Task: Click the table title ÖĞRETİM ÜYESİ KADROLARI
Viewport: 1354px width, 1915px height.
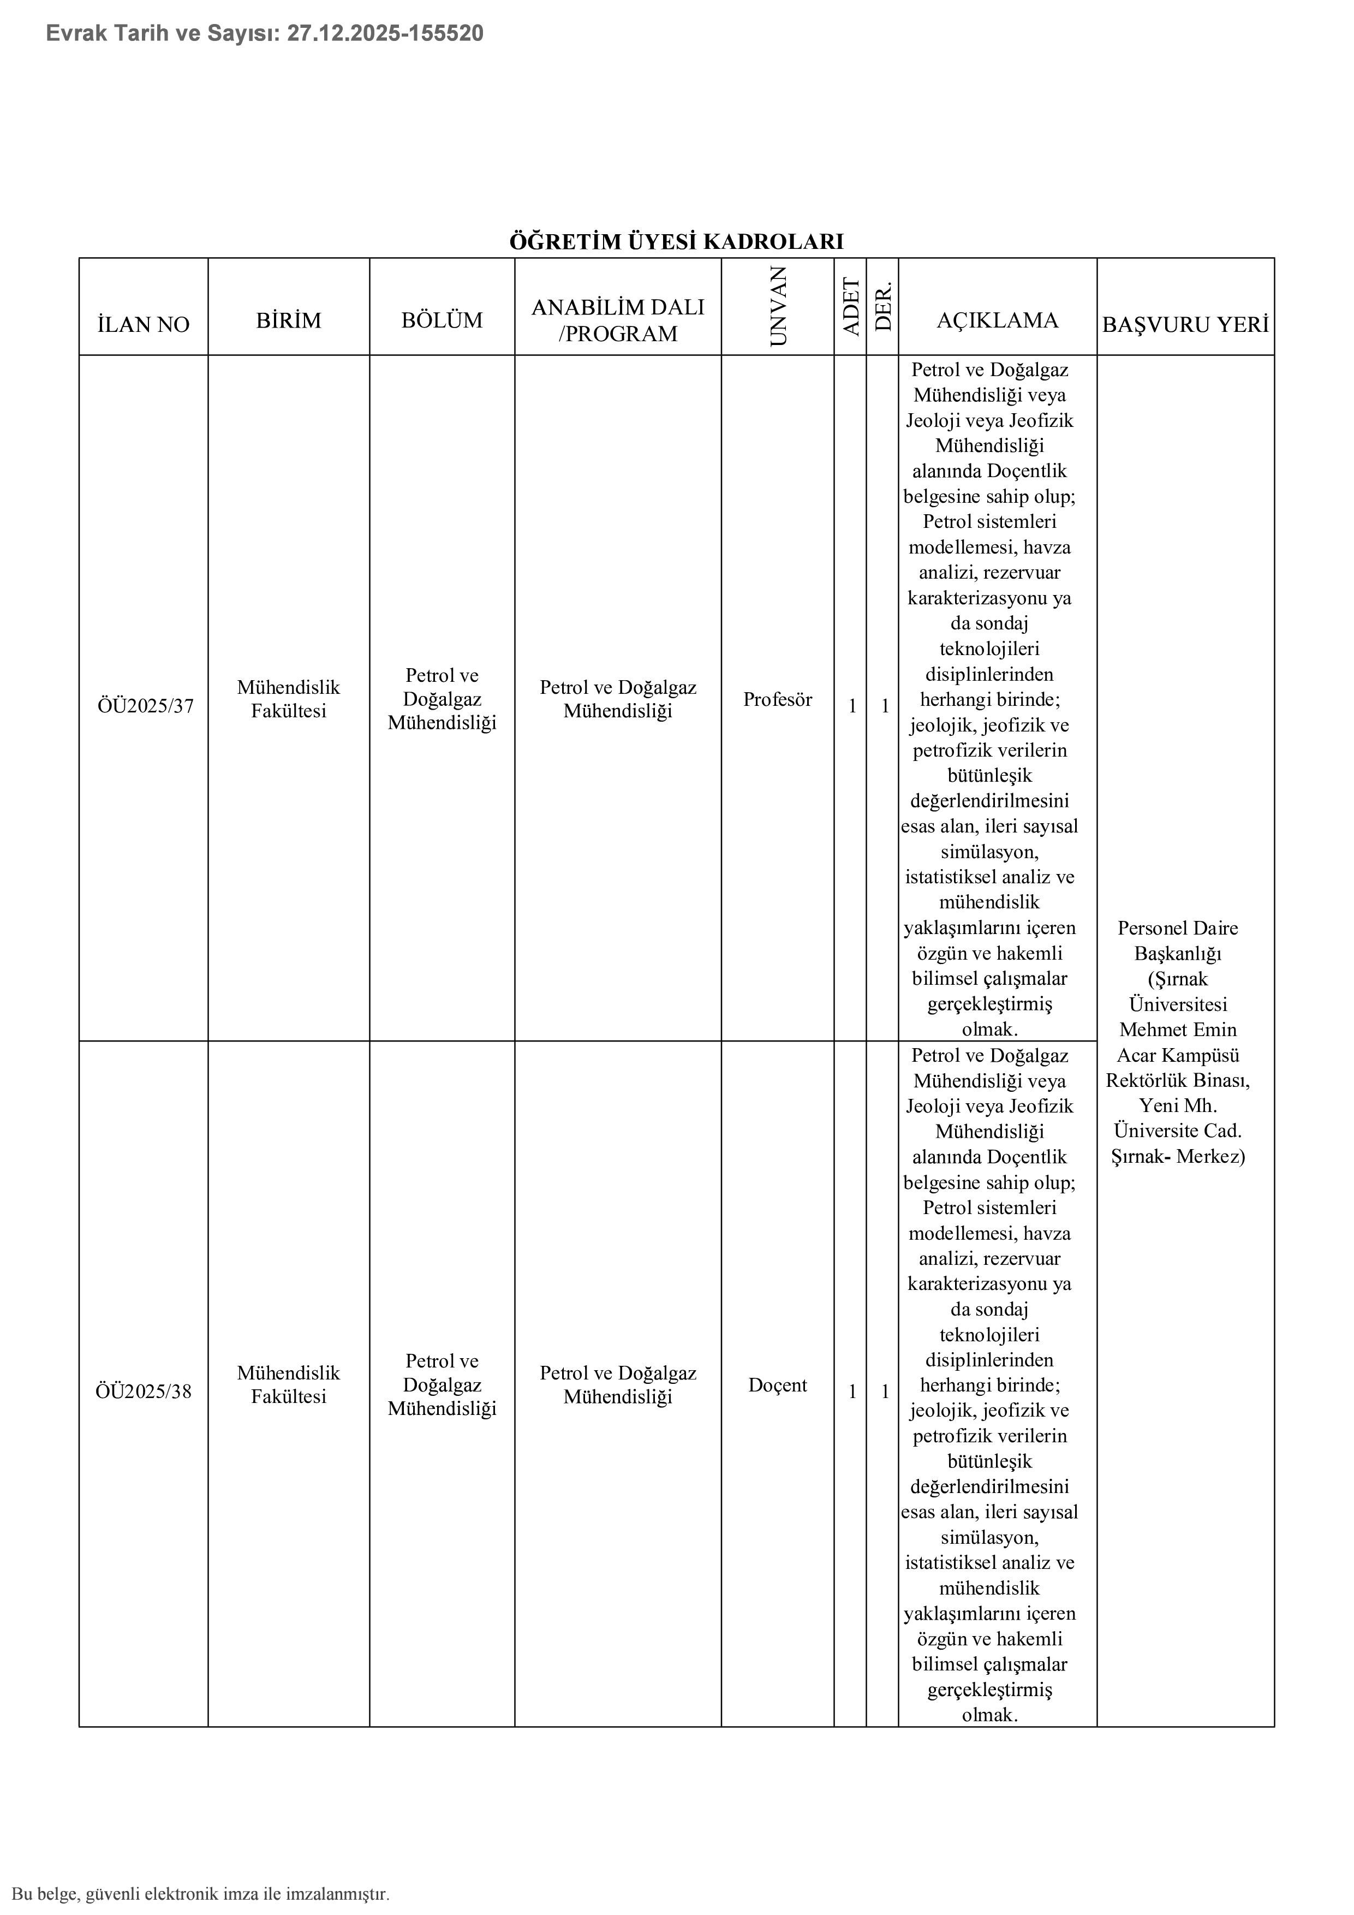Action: point(676,242)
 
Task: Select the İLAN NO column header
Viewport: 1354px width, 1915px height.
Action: point(144,324)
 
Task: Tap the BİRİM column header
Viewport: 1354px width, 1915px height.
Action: point(289,320)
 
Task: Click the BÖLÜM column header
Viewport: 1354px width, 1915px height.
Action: point(442,320)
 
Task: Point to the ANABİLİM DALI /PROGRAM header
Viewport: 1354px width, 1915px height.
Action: point(618,320)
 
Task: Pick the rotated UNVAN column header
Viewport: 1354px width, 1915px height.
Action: point(777,306)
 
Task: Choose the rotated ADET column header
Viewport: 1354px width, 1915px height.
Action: point(851,306)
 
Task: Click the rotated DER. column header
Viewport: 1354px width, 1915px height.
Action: point(884,306)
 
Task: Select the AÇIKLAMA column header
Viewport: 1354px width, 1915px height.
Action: point(997,320)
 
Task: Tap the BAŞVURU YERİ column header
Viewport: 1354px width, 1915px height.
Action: point(1185,324)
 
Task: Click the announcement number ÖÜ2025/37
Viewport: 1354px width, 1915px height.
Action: point(145,706)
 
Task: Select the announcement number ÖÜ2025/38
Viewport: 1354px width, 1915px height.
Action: point(144,1391)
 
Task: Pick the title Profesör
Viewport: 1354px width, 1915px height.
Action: point(777,700)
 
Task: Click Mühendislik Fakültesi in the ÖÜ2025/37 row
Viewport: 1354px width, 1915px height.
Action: point(289,699)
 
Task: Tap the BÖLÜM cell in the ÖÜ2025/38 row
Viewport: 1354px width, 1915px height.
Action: point(442,1384)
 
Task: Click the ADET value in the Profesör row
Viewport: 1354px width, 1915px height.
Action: point(852,706)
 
